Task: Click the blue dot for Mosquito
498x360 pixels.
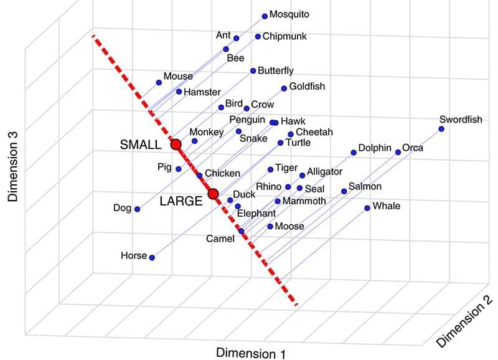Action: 265,16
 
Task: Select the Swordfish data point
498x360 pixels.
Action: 441,129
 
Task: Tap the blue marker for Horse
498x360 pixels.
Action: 152,257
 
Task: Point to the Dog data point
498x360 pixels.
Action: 137,209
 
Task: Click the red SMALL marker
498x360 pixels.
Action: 176,144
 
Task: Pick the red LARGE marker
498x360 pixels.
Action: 213,194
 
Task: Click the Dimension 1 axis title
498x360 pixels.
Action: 251,353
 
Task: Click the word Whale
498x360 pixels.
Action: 386,206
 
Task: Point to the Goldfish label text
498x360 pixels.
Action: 307,87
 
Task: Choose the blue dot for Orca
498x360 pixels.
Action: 398,152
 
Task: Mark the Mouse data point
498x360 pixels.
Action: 159,82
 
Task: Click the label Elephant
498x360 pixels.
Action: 256,213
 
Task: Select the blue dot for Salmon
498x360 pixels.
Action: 344,191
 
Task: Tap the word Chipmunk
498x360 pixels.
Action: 284,37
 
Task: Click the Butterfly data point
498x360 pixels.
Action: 253,71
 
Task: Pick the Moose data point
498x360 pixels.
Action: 270,227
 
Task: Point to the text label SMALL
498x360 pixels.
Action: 141,144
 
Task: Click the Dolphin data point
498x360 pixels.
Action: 353,152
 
